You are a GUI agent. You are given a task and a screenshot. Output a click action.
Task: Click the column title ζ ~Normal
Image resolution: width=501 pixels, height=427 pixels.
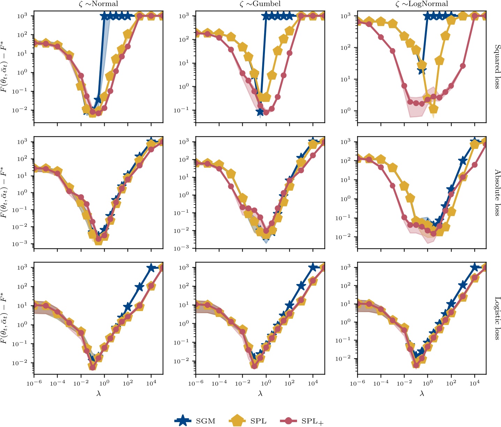pyautogui.click(x=98, y=4)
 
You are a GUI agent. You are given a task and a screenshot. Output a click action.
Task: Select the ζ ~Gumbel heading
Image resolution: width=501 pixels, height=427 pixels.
pyautogui.click(x=260, y=4)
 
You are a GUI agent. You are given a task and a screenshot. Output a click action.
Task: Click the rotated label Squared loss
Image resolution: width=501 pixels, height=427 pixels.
pyautogui.click(x=497, y=66)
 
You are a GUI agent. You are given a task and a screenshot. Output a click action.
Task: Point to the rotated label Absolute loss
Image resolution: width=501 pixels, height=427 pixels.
pyautogui.click(x=497, y=192)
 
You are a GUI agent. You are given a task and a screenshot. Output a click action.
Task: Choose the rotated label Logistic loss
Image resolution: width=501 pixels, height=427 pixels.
pyautogui.click(x=497, y=318)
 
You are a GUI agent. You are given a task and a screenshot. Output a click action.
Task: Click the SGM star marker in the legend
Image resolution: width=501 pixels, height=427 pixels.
pyautogui.click(x=183, y=421)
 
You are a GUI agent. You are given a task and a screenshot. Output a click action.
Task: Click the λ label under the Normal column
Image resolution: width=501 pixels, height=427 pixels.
pyautogui.click(x=98, y=394)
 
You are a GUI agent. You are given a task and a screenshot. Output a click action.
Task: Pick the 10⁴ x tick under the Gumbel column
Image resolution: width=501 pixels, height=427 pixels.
pyautogui.click(x=313, y=383)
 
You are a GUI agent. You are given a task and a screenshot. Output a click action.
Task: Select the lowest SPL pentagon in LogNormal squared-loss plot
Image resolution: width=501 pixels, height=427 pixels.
pyautogui.click(x=433, y=109)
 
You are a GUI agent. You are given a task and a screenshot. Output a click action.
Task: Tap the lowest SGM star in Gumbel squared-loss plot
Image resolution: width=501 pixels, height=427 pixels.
pyautogui.click(x=260, y=112)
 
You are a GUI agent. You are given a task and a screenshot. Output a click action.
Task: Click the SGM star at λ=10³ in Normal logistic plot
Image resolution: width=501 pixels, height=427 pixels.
pyautogui.click(x=139, y=287)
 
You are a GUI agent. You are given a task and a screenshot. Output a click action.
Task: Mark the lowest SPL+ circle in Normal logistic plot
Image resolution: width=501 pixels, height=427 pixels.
pyautogui.click(x=92, y=367)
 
